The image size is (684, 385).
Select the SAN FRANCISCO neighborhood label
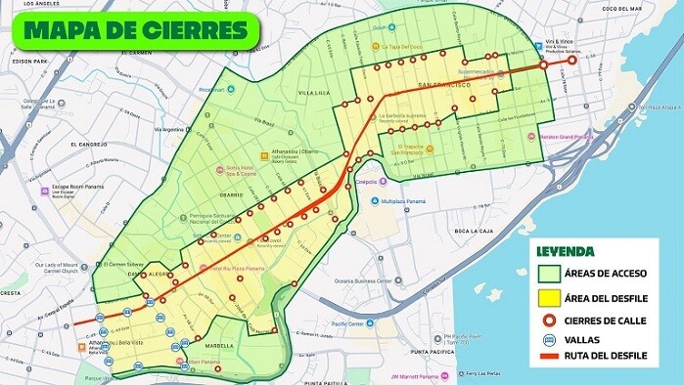tap(445, 86)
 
